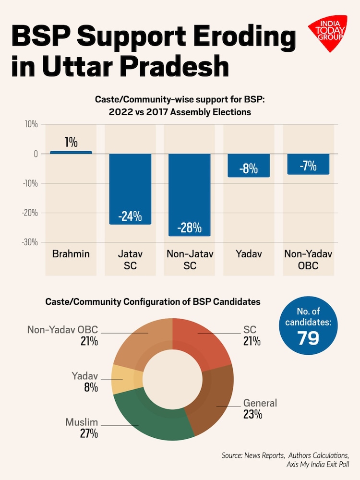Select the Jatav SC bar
pos(130,189)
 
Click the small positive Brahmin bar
pos(71,152)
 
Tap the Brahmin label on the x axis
pos(71,254)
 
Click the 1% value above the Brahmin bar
pos(71,142)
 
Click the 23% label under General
pos(252,414)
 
